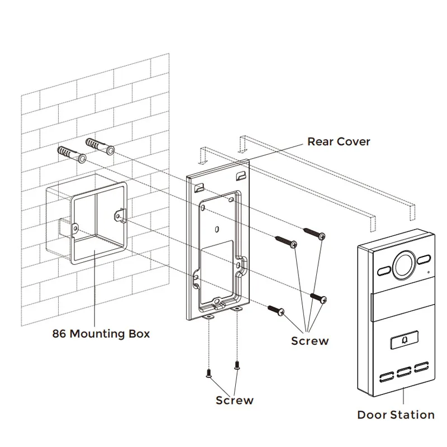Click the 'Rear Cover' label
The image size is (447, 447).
[339, 142]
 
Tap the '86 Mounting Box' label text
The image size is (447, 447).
[101, 334]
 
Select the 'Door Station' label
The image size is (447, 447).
[396, 415]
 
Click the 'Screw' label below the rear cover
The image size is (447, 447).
[234, 400]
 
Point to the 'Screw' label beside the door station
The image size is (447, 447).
[310, 341]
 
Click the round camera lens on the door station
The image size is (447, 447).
[404, 264]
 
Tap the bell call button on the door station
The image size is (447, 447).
[404, 340]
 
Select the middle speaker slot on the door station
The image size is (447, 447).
[404, 373]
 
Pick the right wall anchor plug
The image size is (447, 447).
[101, 146]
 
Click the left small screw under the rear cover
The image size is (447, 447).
[208, 373]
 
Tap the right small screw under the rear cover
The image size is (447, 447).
[236, 365]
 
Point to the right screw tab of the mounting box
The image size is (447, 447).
[120, 215]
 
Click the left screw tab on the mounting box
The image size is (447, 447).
[75, 229]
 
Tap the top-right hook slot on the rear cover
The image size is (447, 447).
[241, 175]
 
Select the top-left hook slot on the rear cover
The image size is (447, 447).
[199, 187]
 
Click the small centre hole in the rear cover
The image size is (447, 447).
[217, 229]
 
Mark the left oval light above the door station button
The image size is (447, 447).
[384, 271]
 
